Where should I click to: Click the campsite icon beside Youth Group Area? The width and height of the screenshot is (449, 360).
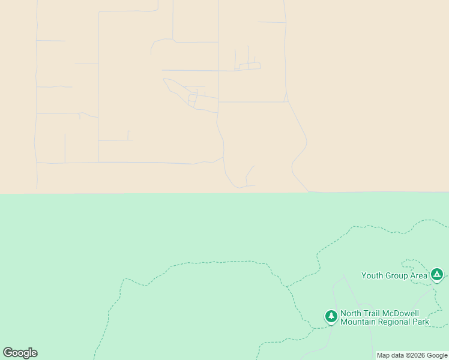tap(437, 275)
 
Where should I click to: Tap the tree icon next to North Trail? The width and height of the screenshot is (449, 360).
tap(331, 316)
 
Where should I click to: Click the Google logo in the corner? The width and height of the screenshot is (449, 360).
tap(20, 353)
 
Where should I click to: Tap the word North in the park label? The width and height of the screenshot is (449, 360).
tap(352, 313)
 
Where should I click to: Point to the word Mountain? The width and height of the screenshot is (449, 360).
tap(358, 322)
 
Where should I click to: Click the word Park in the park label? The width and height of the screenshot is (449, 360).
tap(421, 322)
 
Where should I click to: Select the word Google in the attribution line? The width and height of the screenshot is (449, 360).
tap(436, 356)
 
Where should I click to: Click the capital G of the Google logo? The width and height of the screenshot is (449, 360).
tap(8, 353)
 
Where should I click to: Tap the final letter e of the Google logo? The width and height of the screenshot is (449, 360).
tap(34, 353)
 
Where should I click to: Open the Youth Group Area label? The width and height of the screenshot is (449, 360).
tap(394, 276)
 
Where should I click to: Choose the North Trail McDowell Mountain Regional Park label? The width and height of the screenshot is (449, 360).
tap(385, 317)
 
